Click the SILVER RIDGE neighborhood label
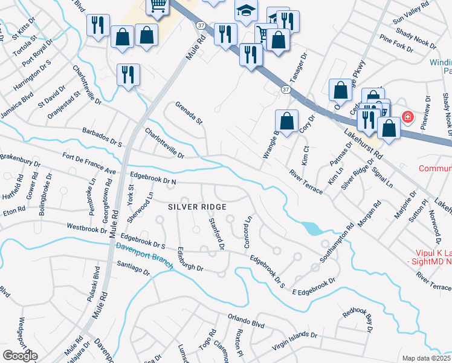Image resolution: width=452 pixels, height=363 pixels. click(x=196, y=207)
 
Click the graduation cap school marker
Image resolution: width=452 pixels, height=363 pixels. click(x=246, y=11)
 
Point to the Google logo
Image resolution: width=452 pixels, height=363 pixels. click(x=19, y=356)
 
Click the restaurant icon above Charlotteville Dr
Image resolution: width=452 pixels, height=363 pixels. click(x=128, y=74)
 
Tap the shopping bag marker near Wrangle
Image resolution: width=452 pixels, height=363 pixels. click(x=286, y=120)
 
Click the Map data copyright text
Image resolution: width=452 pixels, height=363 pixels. click(x=427, y=358)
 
